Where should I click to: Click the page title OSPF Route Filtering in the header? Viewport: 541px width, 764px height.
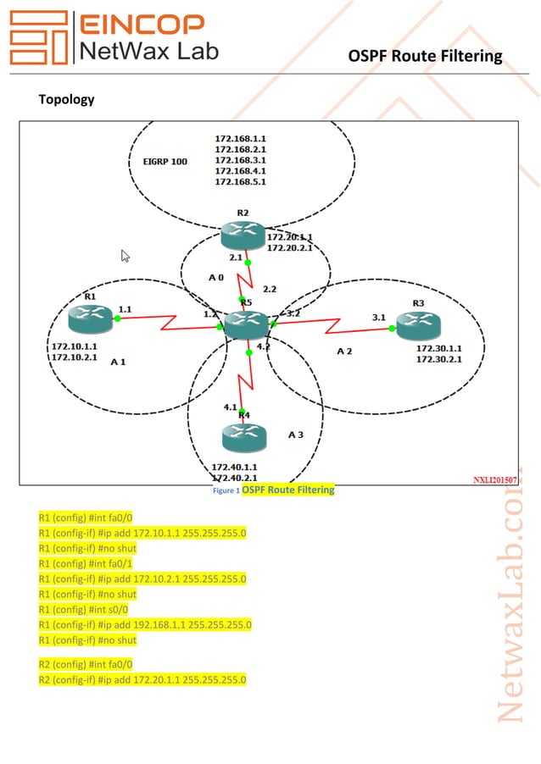click(x=425, y=56)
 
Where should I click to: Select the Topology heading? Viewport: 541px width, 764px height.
click(x=66, y=99)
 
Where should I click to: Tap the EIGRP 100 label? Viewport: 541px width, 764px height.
click(x=165, y=160)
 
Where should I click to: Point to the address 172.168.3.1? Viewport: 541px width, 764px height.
click(x=240, y=159)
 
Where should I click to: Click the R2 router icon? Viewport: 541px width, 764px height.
click(x=242, y=233)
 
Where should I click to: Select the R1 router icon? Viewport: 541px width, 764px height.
click(x=91, y=318)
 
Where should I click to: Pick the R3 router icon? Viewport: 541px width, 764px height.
click(x=418, y=322)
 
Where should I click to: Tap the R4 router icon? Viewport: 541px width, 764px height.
click(x=244, y=437)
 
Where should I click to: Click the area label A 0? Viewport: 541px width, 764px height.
click(x=216, y=277)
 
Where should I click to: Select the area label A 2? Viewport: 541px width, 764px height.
click(x=343, y=351)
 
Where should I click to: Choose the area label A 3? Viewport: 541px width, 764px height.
click(x=295, y=435)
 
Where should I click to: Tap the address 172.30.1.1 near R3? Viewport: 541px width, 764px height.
click(x=438, y=347)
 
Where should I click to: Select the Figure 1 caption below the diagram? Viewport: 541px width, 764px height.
click(x=273, y=490)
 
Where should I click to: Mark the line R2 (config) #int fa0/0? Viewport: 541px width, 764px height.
click(x=86, y=665)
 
